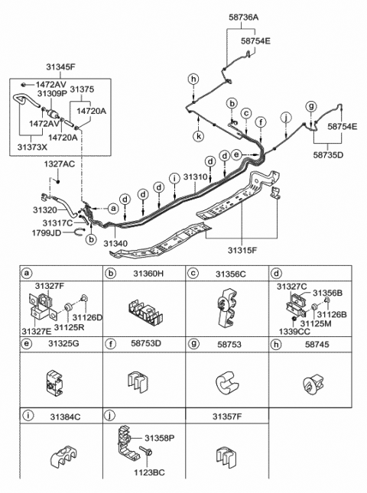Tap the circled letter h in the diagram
[x=193, y=79]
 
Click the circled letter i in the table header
[x=28, y=417]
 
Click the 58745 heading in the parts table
[x=313, y=345]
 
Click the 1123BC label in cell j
[x=148, y=473]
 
